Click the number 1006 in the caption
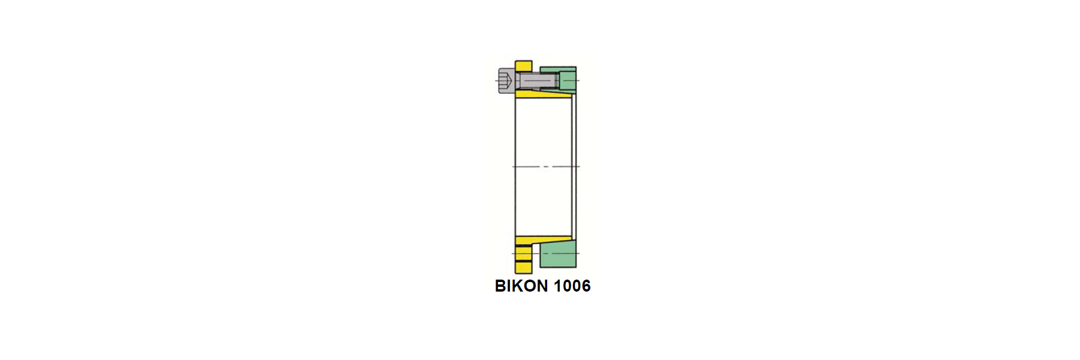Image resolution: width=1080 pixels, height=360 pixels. pos(572,286)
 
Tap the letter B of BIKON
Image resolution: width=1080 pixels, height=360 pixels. pos(500,286)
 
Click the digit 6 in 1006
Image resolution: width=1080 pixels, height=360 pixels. pos(586,286)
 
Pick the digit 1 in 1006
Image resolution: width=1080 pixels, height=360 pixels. pos(557,286)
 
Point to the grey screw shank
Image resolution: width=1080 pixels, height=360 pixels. pos(537,80)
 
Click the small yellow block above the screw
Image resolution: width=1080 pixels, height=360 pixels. pos(523,65)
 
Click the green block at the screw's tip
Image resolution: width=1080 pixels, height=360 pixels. pos(567,80)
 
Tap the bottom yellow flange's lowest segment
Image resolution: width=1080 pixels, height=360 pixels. pos(523,268)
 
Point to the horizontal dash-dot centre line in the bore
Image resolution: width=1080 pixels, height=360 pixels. pos(546,166)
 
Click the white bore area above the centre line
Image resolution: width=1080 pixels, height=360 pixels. pos(543,132)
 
